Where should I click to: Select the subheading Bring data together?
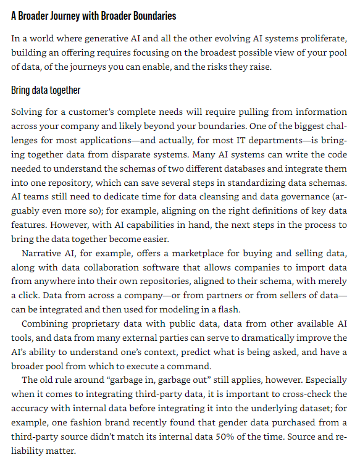[46, 90]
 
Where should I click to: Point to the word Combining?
[44, 324]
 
